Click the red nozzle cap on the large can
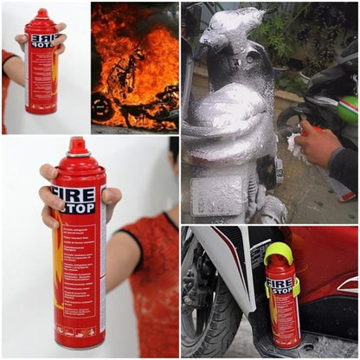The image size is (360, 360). (x=79, y=146)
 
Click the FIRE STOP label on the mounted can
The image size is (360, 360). (x=279, y=286)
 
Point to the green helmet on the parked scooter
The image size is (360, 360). (x=348, y=109)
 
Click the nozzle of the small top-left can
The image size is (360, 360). (x=41, y=14)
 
